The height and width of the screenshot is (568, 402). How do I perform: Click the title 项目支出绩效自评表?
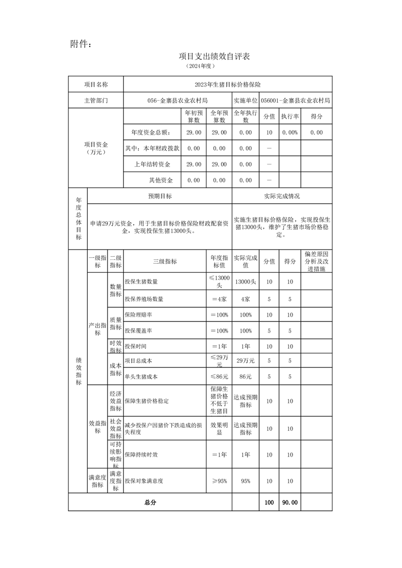pos(214,56)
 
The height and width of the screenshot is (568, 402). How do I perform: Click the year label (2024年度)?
pos(201,66)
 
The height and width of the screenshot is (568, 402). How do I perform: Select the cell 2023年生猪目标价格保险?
pos(228,85)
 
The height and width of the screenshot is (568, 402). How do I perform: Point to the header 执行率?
pos(290,116)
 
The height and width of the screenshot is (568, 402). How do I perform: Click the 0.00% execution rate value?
pos(290,133)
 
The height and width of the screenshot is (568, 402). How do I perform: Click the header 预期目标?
pos(160,196)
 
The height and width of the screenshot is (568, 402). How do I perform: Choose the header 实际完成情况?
pos(282,196)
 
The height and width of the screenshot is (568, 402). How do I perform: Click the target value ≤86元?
pos(219,377)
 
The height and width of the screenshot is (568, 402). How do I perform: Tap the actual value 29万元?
pos(245,361)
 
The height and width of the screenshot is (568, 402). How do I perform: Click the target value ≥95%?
pos(219,481)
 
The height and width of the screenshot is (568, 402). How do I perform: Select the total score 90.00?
pos(290,503)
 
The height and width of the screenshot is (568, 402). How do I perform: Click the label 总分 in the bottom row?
pos(150,503)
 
